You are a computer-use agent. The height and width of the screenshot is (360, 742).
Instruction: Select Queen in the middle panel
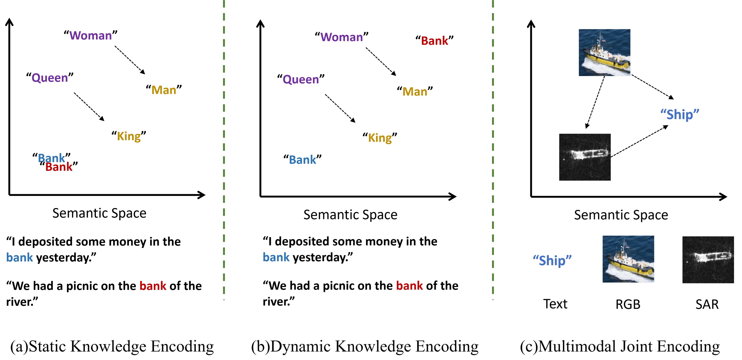(301, 80)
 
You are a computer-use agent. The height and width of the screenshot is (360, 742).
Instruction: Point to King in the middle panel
(380, 138)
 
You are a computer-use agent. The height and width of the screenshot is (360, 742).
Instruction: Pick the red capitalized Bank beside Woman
(434, 41)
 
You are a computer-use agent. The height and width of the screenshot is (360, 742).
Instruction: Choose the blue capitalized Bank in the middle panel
(302, 160)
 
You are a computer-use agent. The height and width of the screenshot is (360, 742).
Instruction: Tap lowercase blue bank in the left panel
(20, 257)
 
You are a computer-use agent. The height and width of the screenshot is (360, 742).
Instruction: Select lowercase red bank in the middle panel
(409, 286)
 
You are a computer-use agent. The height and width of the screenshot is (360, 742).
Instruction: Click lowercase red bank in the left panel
(153, 286)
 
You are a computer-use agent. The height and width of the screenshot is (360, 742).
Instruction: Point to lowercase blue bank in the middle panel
(276, 257)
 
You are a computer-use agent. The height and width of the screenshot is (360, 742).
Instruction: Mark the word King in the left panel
(129, 137)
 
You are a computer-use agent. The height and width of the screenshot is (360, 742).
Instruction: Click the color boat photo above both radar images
(604, 53)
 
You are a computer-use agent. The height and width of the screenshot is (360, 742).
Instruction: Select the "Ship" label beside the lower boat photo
(552, 261)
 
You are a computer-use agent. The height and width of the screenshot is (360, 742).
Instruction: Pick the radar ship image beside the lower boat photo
(708, 259)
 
